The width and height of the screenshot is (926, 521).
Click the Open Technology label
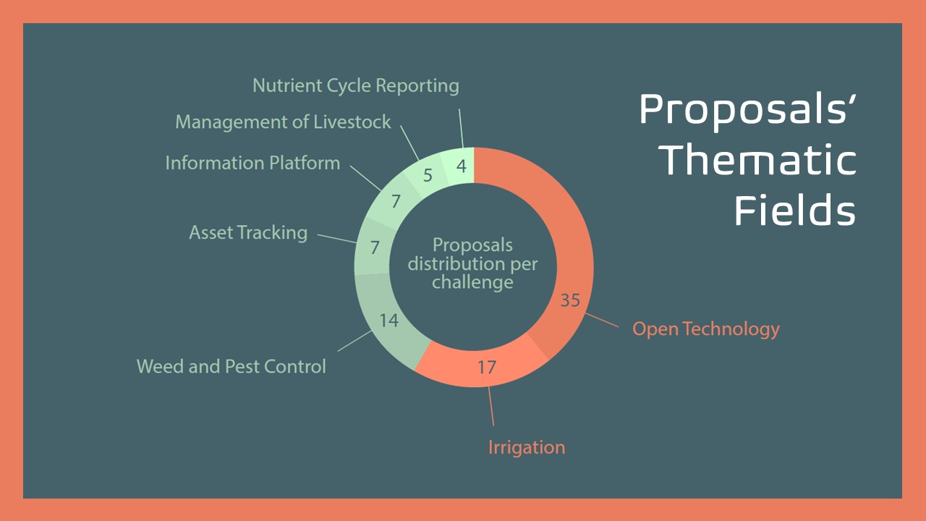(705, 329)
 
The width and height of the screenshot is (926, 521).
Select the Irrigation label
(527, 448)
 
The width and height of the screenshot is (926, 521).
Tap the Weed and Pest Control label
(231, 366)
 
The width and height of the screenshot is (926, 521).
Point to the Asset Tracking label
(248, 233)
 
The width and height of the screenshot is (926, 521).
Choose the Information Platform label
(252, 163)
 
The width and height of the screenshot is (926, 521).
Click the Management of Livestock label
(283, 122)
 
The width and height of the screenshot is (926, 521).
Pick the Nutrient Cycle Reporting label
(355, 86)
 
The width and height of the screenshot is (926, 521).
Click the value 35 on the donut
(570, 300)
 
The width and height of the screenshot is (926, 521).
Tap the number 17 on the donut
(487, 367)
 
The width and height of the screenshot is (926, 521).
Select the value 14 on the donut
(388, 321)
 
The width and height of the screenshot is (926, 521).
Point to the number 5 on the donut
(428, 175)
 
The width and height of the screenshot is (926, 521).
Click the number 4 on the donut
(462, 166)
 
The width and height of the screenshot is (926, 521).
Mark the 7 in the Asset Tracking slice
(375, 247)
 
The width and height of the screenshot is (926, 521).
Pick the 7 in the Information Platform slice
(396, 201)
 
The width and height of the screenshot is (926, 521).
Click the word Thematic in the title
(757, 160)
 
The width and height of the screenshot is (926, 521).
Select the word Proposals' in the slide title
(747, 109)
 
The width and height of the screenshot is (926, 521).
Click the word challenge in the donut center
(472, 282)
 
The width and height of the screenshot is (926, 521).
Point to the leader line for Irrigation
(491, 407)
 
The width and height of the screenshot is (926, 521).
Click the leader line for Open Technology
(602, 320)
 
